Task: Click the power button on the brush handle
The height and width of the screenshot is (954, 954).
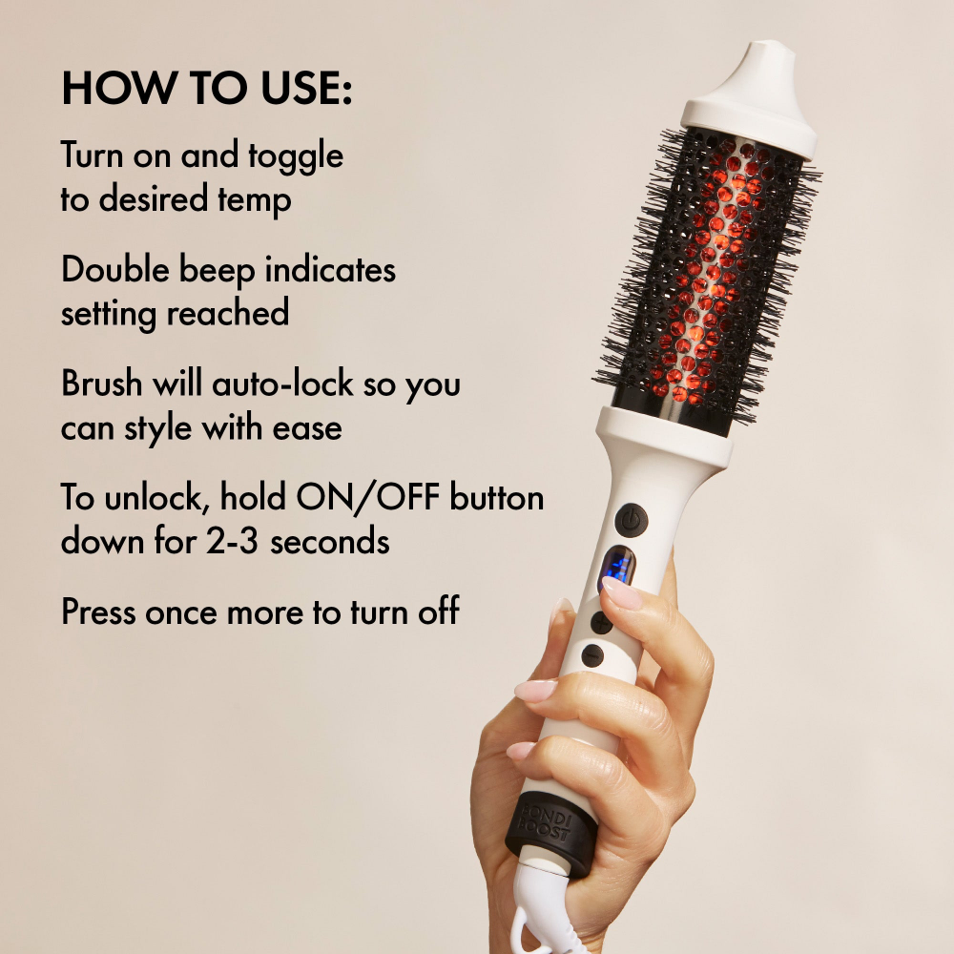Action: [x=631, y=520]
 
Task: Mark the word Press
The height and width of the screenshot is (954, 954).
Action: [x=99, y=612]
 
